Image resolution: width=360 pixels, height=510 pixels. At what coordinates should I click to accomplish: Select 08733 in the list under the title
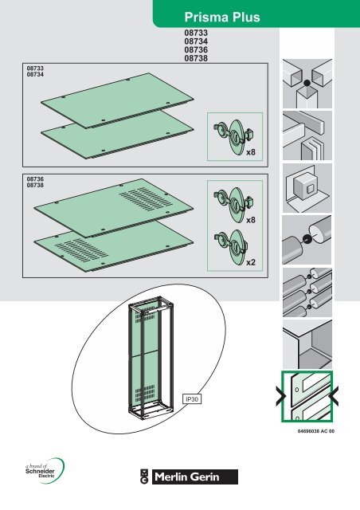click(x=196, y=34)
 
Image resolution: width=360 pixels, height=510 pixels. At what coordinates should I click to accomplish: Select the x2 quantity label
click(x=251, y=261)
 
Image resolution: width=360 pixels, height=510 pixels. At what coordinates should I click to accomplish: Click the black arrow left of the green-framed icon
click(x=279, y=392)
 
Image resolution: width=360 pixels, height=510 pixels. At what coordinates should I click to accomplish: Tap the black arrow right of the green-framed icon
click(x=335, y=392)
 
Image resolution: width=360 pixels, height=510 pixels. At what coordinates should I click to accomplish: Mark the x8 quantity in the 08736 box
click(x=251, y=218)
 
